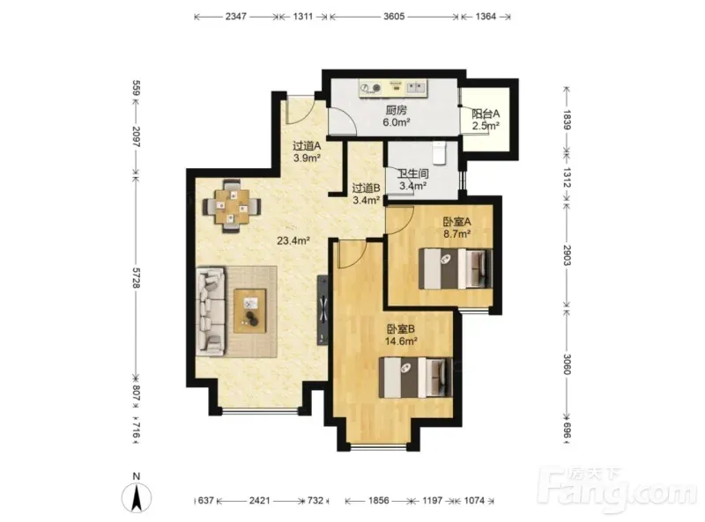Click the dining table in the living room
tap(232, 207)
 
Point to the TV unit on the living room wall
tap(323, 310)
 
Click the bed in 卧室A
tap(456, 268)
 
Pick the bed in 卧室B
tap(415, 377)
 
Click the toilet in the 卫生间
tap(439, 152)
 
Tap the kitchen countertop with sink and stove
tap(393, 88)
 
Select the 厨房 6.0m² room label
tap(396, 116)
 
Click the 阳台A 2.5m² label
tap(486, 120)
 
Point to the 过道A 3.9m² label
tap(307, 151)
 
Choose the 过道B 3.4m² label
tap(367, 194)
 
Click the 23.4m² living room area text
tap(293, 241)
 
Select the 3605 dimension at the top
tap(394, 17)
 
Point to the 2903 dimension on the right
tap(567, 255)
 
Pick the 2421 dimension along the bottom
tap(259, 500)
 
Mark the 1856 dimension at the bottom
tap(378, 500)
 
